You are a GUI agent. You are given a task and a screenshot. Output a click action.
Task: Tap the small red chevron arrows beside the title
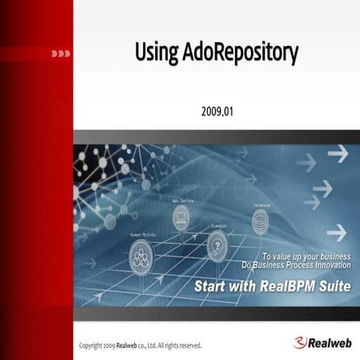60,54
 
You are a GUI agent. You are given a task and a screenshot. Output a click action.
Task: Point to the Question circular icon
217,242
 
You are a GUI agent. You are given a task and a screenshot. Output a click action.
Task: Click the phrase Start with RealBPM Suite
276,286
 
